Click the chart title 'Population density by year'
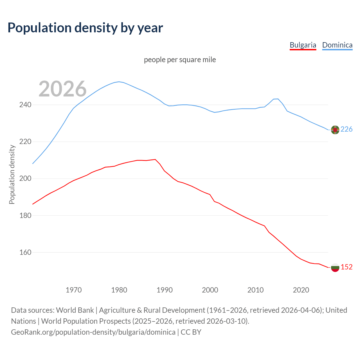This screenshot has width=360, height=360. (x=85, y=28)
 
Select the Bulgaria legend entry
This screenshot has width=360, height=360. (x=303, y=45)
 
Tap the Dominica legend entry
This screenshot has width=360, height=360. (x=337, y=45)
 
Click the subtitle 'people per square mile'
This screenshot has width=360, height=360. (x=180, y=60)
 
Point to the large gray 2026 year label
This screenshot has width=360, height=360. (x=62, y=89)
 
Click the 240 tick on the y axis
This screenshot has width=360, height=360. (x=25, y=105)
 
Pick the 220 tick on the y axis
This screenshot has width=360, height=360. (x=25, y=142)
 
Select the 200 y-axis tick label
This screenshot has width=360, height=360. (x=25, y=179)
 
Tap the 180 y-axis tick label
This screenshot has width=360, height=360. (x=25, y=216)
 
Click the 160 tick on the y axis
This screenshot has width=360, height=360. (x=25, y=253)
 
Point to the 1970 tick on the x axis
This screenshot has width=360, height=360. (x=74, y=290)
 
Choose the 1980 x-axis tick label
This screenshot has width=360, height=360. (x=119, y=290)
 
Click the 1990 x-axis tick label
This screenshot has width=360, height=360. (x=165, y=290)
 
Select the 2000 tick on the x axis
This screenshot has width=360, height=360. (x=210, y=290)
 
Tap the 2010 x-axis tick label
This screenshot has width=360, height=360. (x=255, y=290)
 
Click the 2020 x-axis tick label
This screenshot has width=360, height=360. (x=301, y=290)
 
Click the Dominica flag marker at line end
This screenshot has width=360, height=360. (x=335, y=130)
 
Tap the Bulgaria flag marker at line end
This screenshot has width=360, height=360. (x=335, y=267)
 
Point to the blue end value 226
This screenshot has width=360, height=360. (x=346, y=129)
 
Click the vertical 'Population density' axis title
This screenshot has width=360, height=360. (x=12, y=174)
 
